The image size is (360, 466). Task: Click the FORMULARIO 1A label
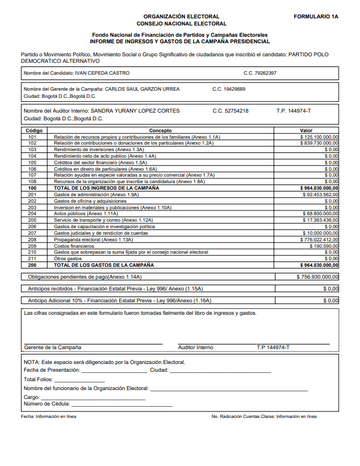(316, 17)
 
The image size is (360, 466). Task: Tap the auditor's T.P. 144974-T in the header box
(294, 111)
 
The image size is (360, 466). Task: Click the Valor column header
(306, 130)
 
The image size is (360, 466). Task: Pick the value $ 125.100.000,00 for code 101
(319, 137)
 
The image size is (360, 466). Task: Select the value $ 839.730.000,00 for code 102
(319, 143)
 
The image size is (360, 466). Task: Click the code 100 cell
(32, 188)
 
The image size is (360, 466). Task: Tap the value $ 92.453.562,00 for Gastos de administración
(320, 194)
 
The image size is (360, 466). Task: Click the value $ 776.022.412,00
(319, 240)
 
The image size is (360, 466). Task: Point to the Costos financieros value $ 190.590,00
(323, 245)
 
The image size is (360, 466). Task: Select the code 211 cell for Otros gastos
(32, 258)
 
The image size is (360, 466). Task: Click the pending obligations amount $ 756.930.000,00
(318, 276)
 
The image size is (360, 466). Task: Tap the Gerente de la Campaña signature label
(53, 347)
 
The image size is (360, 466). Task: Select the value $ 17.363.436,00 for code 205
(320, 220)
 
